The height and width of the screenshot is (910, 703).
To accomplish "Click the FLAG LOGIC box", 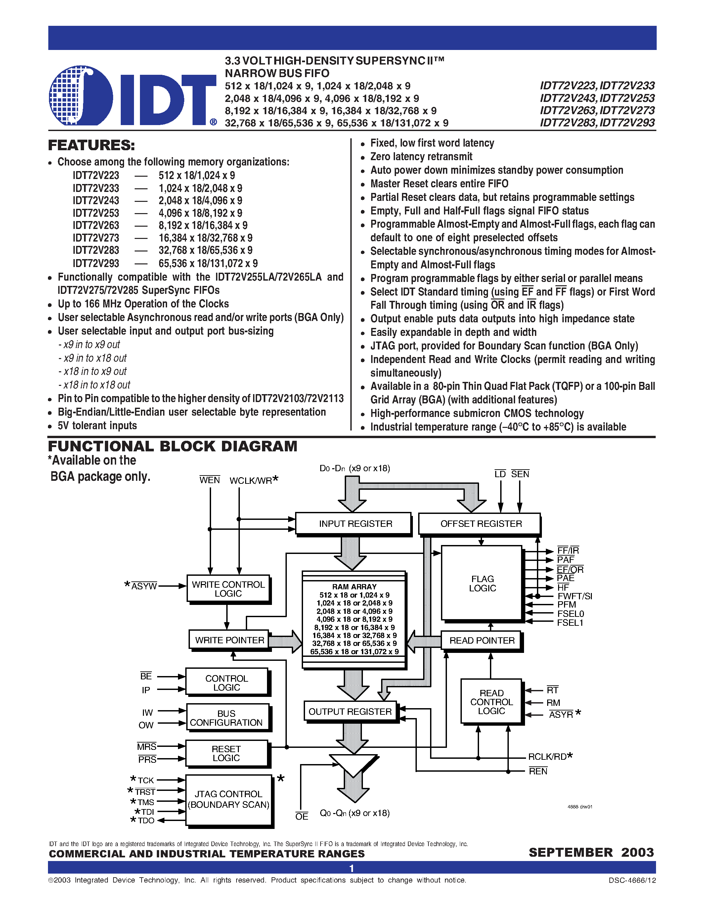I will click(x=482, y=583).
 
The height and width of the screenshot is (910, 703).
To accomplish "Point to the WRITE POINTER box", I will click(x=229, y=640).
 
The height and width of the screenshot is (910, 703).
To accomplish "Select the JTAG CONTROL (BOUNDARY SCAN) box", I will click(x=229, y=799).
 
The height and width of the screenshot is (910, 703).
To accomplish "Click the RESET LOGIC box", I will click(x=227, y=753).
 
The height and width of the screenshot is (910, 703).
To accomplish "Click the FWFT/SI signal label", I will click(x=574, y=596).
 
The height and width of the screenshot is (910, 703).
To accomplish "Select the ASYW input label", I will click(x=144, y=586).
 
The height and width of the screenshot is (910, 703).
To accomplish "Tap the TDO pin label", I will click(x=146, y=820).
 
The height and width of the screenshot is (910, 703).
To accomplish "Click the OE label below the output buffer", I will click(x=301, y=817).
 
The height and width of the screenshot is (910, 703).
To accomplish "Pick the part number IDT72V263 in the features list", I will click(x=96, y=225).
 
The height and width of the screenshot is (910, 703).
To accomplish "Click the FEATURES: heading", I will click(x=92, y=145).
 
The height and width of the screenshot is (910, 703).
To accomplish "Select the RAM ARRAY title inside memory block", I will click(x=354, y=586).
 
